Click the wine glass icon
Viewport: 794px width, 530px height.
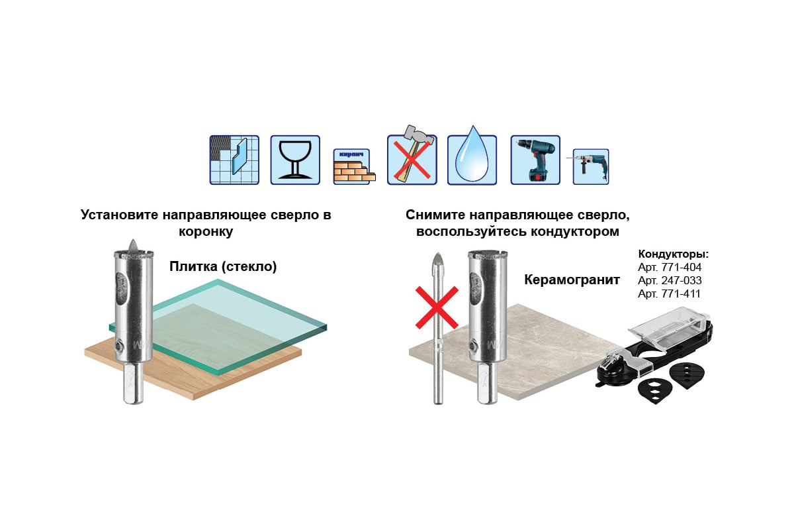[295, 160]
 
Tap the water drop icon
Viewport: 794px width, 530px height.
[472, 156]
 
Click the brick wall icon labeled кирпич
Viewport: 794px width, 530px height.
[354, 166]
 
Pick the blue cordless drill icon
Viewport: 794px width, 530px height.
[535, 160]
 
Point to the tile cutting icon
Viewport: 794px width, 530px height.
[234, 160]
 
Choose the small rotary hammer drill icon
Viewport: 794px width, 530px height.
[589, 166]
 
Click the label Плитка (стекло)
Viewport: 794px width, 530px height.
[223, 266]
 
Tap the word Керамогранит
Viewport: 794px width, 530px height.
[572, 280]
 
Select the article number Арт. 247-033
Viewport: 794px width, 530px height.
[670, 280]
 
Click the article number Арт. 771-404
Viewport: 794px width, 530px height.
[670, 267]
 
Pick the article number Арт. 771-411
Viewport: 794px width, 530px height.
[669, 293]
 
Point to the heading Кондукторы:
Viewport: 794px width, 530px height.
[674, 254]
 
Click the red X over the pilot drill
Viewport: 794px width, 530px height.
[437, 308]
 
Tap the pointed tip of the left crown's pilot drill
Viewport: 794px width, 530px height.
[133, 240]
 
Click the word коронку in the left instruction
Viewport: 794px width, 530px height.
[206, 231]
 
